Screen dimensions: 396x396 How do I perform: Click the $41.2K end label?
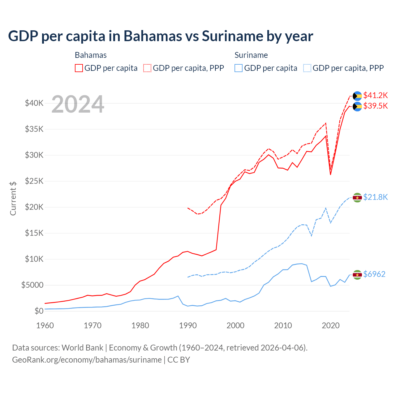point(375,95)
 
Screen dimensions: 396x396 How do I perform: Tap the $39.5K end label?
point(375,106)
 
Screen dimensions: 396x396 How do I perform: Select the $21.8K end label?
point(375,197)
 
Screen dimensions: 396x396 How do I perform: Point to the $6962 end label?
point(374,274)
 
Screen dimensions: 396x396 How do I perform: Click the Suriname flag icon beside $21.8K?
point(357,197)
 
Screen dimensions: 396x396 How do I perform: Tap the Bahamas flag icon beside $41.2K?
point(357,96)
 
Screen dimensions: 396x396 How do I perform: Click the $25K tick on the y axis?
point(34,181)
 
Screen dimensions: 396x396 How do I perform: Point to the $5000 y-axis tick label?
point(32,285)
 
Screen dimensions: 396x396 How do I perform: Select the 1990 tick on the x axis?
point(188,325)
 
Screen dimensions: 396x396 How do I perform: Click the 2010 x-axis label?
point(283,325)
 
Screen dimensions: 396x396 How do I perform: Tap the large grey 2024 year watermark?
point(78,104)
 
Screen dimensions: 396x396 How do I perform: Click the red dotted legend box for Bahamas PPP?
point(147,68)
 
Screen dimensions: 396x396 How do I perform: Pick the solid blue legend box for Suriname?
point(238,68)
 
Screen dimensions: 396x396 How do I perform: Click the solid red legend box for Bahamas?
point(79,68)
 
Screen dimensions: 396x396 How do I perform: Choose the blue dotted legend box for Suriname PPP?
point(307,68)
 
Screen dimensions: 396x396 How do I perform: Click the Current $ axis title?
point(13,198)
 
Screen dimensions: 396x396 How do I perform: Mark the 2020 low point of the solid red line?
point(330,175)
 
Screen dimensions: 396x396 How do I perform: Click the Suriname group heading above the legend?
point(251,55)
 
